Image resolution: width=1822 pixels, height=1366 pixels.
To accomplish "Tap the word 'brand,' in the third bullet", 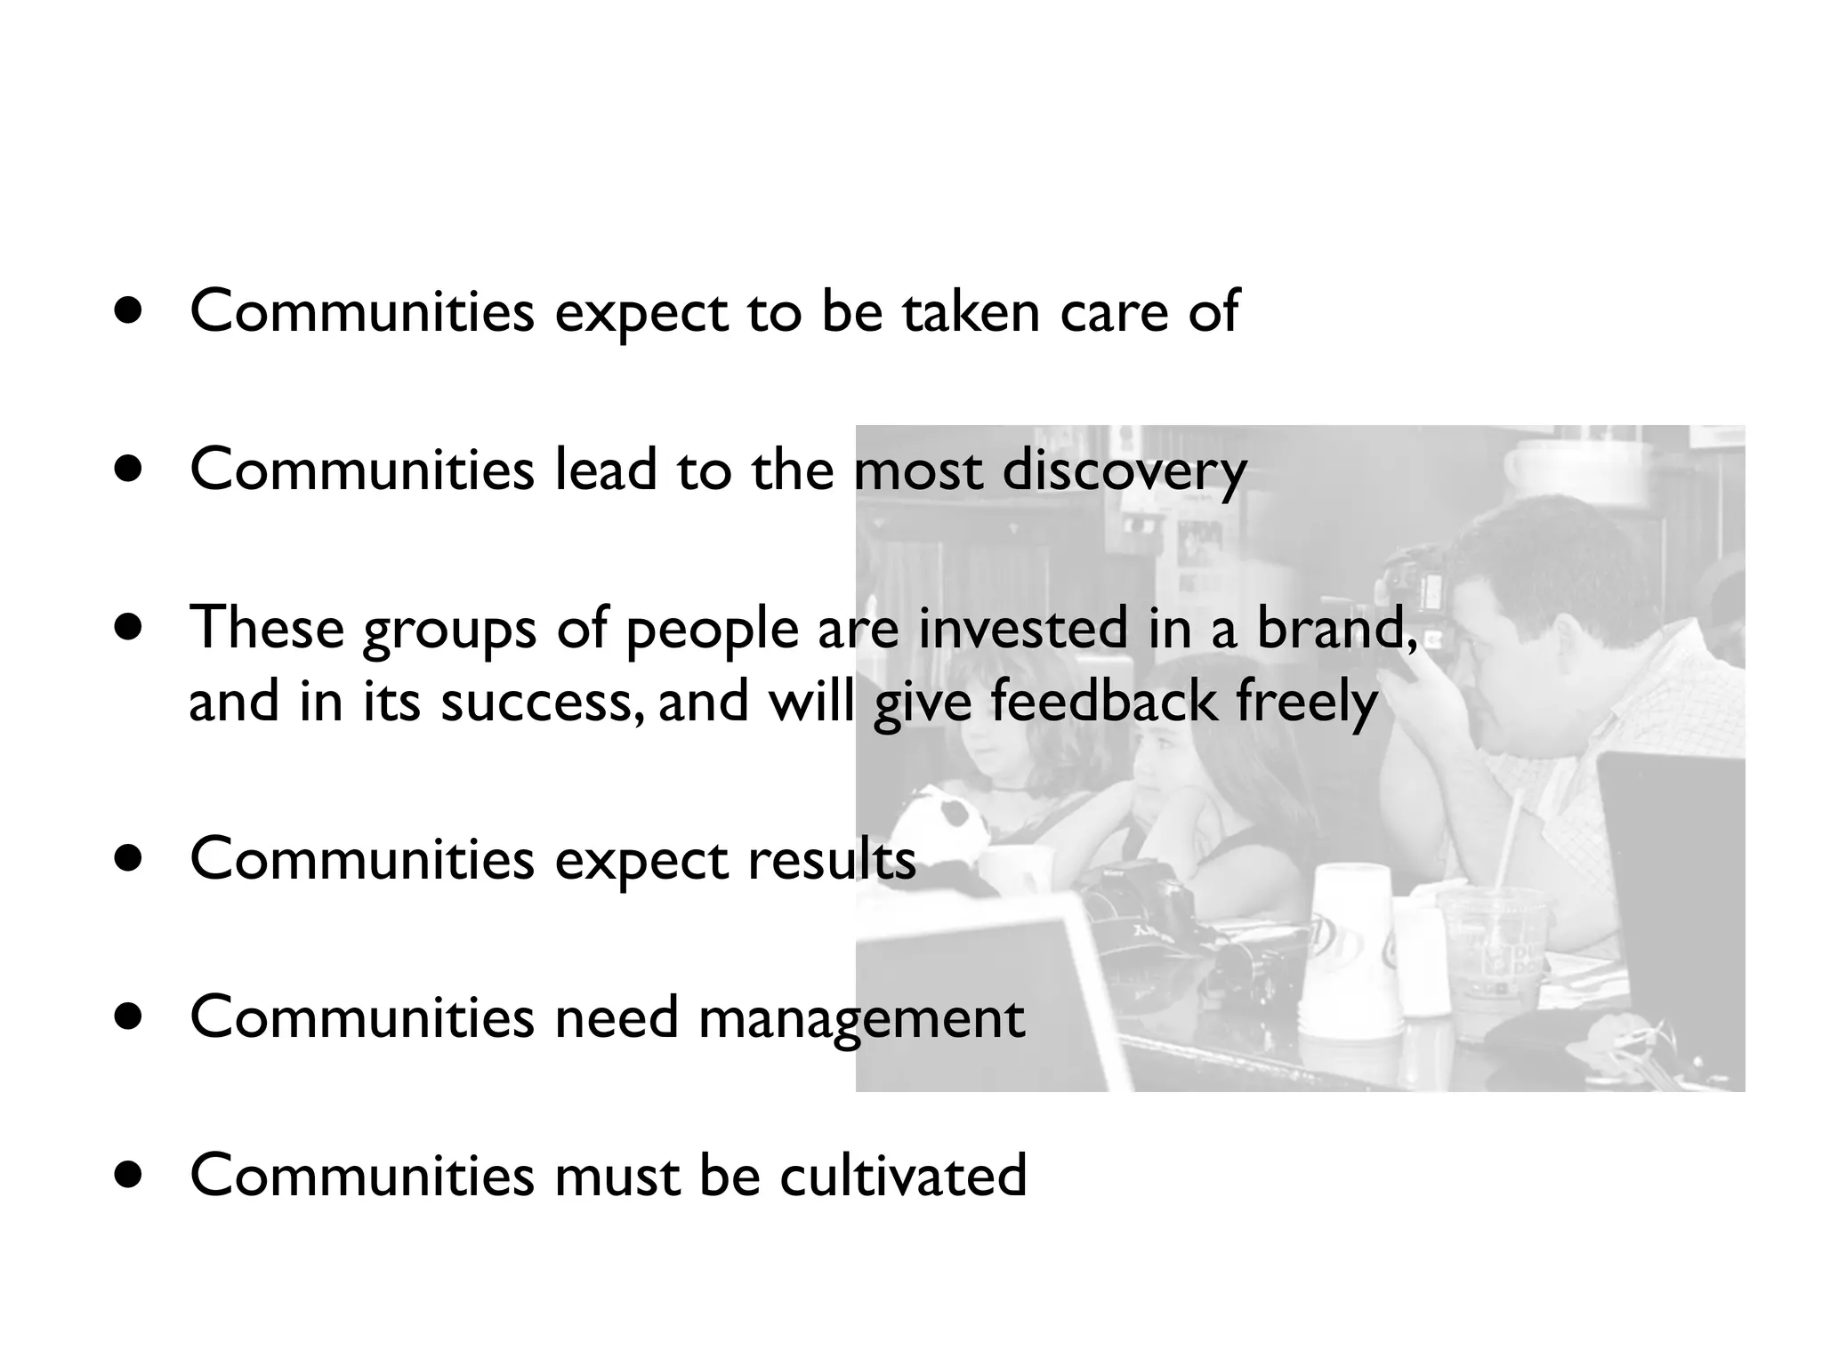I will [1336, 628].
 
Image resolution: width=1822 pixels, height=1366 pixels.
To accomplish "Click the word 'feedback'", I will [1102, 701].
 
